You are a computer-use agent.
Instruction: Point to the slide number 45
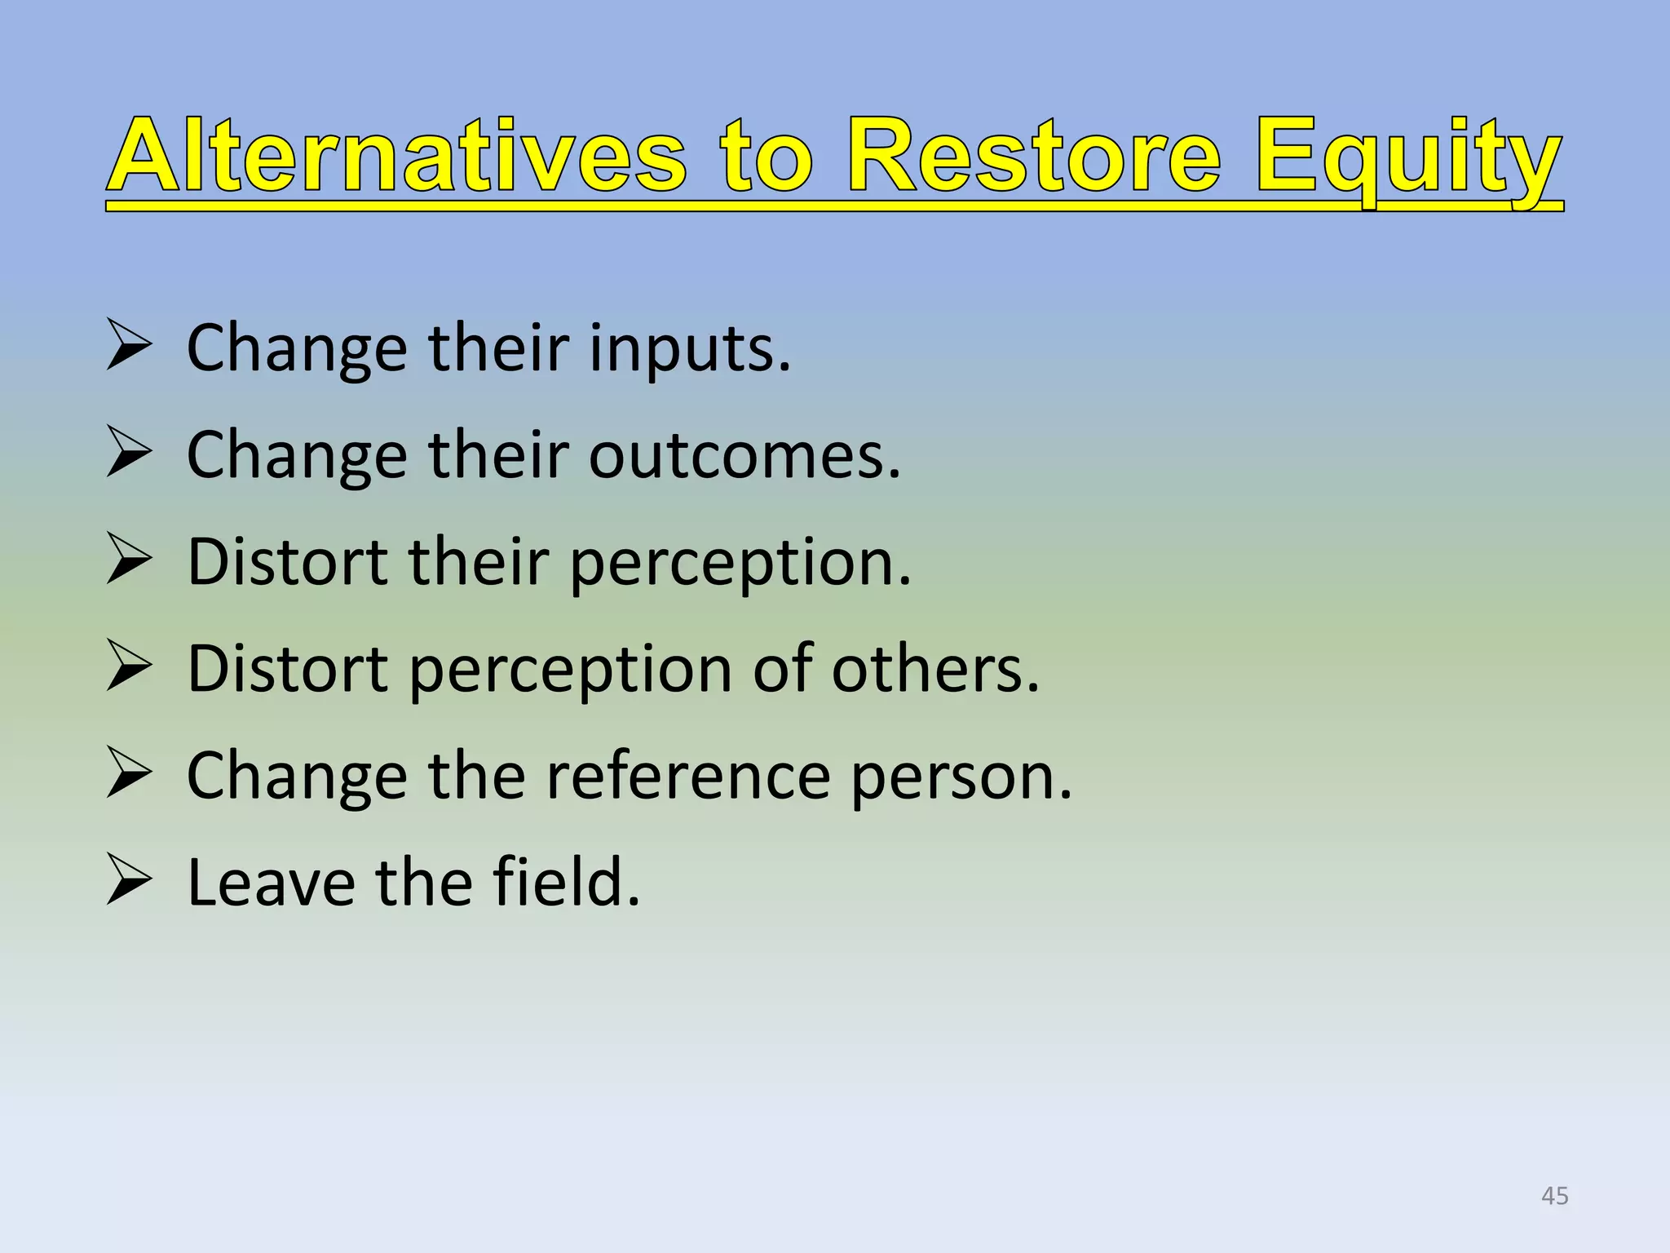(1554, 1196)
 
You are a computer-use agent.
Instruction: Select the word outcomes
(744, 455)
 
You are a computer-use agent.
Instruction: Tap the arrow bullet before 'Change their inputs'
(130, 346)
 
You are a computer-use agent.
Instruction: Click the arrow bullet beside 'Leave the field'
(130, 881)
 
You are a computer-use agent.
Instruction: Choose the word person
(961, 777)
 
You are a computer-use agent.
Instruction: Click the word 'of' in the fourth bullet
(782, 669)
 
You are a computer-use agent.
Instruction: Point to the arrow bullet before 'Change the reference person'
(130, 774)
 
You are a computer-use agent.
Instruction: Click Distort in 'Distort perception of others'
(288, 669)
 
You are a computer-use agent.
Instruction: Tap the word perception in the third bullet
(739, 564)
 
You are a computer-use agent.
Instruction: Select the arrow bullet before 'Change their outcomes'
(130, 453)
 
